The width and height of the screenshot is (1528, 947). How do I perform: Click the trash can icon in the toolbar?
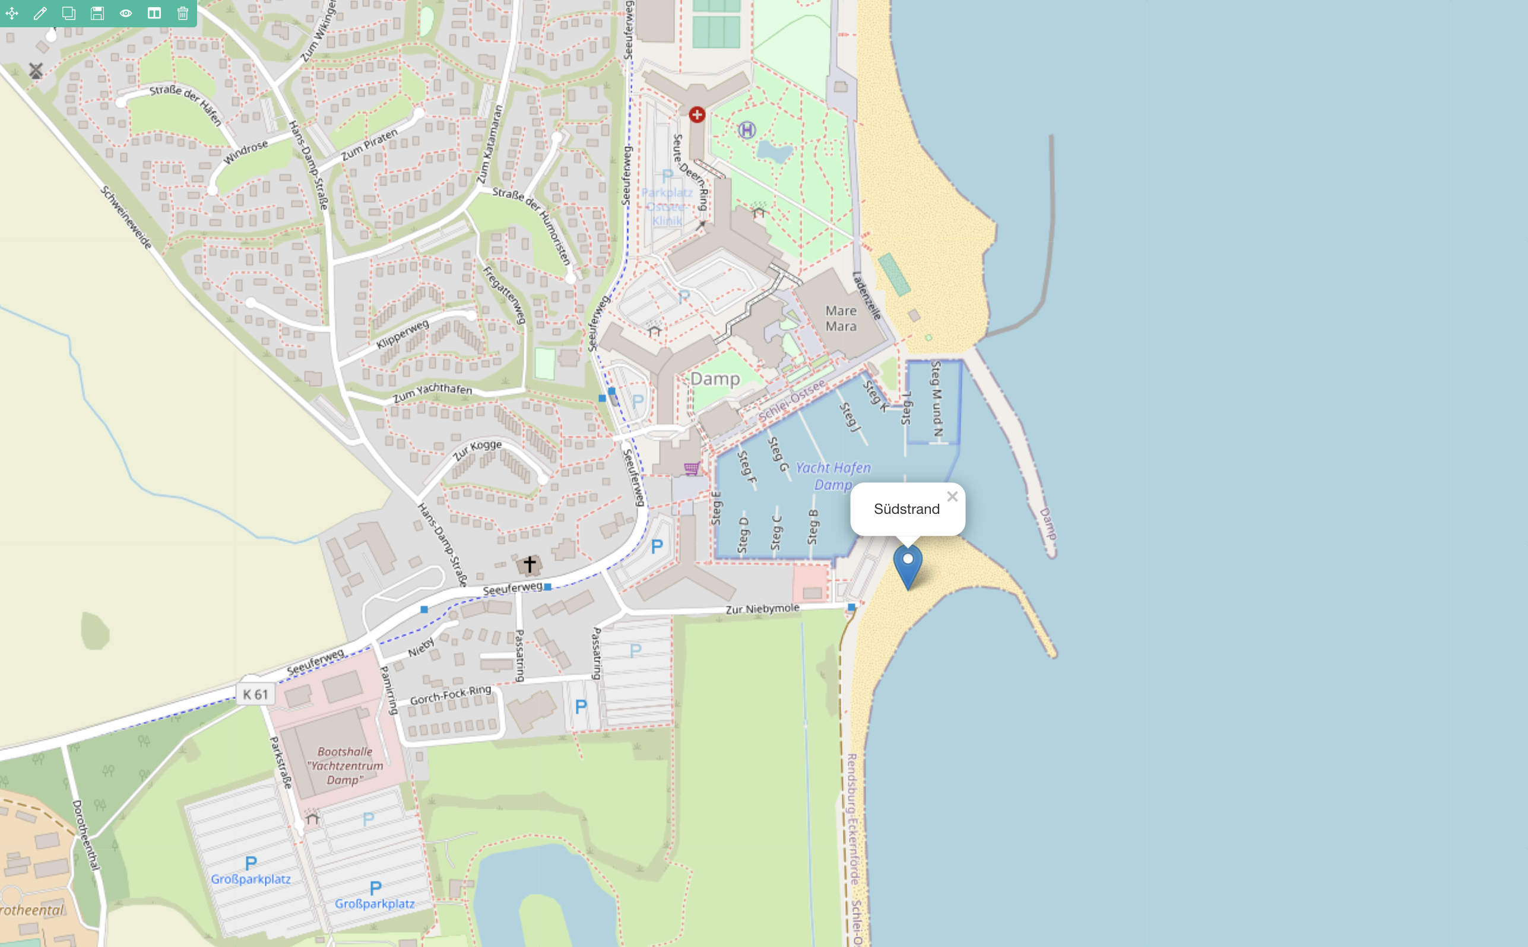pyautogui.click(x=182, y=13)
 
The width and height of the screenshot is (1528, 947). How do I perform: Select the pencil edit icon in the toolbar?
pyautogui.click(x=40, y=13)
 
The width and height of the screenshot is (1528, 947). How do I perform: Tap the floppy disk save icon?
pyautogui.click(x=97, y=13)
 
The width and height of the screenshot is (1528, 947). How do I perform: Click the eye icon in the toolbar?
pyautogui.click(x=126, y=13)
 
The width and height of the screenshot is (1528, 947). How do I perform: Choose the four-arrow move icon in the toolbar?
pyautogui.click(x=12, y=13)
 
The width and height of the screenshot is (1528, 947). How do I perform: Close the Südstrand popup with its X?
pyautogui.click(x=952, y=497)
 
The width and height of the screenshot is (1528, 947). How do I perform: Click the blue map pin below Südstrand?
pyautogui.click(x=907, y=564)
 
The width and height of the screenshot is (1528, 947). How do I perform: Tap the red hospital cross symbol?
pyautogui.click(x=697, y=115)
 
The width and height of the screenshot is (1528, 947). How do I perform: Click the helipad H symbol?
pyautogui.click(x=747, y=131)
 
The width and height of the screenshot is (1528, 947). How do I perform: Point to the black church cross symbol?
pyautogui.click(x=530, y=564)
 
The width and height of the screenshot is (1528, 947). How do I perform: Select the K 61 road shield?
pyautogui.click(x=255, y=694)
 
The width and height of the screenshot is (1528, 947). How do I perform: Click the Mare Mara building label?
pyautogui.click(x=841, y=318)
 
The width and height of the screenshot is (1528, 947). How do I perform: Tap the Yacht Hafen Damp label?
pyautogui.click(x=833, y=476)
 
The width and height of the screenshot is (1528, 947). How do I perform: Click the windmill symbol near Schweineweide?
pyautogui.click(x=36, y=71)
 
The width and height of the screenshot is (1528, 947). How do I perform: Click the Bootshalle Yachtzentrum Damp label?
pyautogui.click(x=344, y=765)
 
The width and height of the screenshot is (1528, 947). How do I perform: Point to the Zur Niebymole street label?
pyautogui.click(x=762, y=609)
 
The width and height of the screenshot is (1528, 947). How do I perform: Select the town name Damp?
pyautogui.click(x=715, y=379)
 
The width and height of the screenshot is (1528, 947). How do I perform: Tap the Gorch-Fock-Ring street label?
pyautogui.click(x=451, y=695)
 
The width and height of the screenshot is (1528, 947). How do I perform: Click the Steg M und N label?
pyautogui.click(x=937, y=398)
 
